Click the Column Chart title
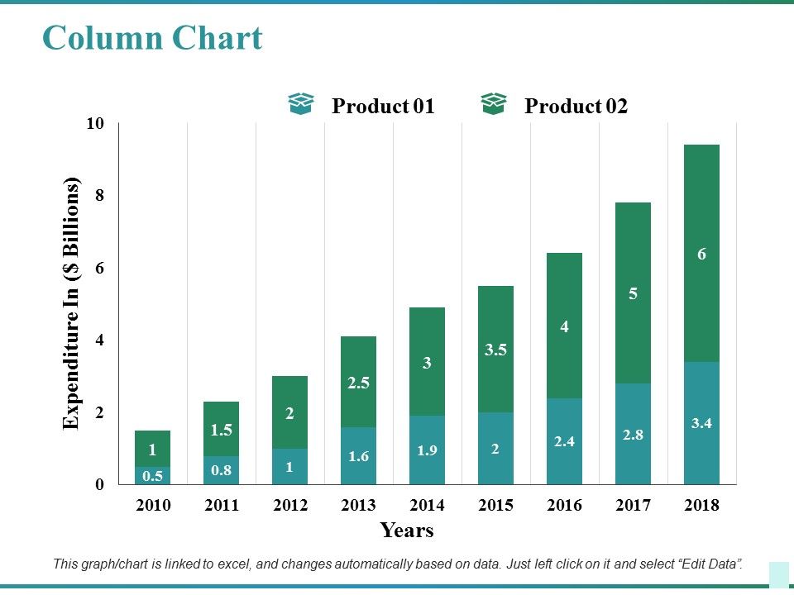click(x=152, y=38)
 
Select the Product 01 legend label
click(x=382, y=107)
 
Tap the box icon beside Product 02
click(x=493, y=104)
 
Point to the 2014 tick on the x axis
click(x=427, y=505)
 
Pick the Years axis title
click(x=407, y=531)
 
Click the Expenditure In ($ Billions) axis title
click(x=73, y=303)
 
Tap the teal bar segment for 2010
click(x=152, y=475)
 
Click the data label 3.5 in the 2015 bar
click(x=495, y=350)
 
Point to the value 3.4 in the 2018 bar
click(x=701, y=423)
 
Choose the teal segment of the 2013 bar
click(x=358, y=455)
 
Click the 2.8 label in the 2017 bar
click(x=633, y=435)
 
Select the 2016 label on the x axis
click(x=564, y=505)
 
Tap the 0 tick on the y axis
click(x=101, y=485)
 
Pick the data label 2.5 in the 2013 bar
click(x=358, y=383)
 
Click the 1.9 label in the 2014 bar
click(x=427, y=450)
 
